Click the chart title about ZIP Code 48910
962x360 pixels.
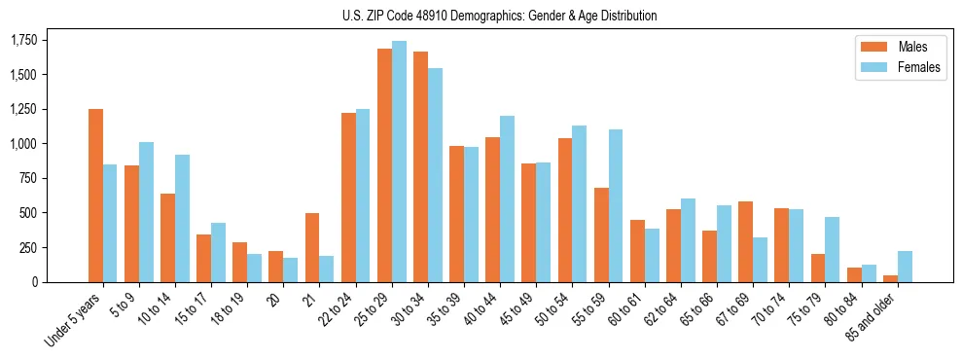pos(500,16)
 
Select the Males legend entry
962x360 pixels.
pos(900,47)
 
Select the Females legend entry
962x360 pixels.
pos(900,67)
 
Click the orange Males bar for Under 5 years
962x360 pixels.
pos(95,196)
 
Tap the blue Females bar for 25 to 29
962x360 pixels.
pos(399,162)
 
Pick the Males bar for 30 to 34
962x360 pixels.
pos(420,166)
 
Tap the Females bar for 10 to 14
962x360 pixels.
pos(183,218)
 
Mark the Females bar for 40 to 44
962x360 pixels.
pos(507,198)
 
